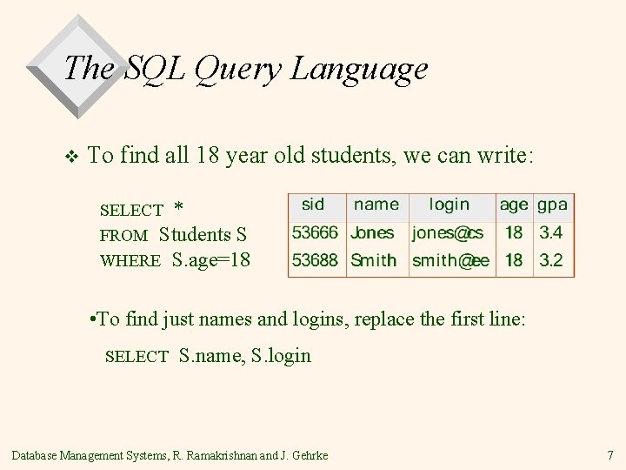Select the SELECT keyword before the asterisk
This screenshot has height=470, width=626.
click(x=131, y=210)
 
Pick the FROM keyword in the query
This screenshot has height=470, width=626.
click(x=123, y=236)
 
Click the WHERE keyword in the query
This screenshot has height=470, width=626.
click(x=130, y=261)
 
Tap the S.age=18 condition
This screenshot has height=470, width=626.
click(x=211, y=260)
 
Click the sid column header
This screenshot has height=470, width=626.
click(x=313, y=205)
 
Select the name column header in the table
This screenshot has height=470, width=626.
click(x=376, y=205)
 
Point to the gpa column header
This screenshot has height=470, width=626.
click(x=552, y=205)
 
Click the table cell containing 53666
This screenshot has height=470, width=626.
click(x=314, y=233)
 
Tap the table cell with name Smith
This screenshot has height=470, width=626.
click(x=373, y=260)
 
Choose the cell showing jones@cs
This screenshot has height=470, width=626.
click(x=448, y=233)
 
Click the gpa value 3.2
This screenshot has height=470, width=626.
click(x=551, y=260)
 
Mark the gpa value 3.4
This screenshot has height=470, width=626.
click(x=551, y=233)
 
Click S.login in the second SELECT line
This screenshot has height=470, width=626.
click(x=280, y=355)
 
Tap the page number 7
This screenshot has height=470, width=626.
click(x=609, y=455)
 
